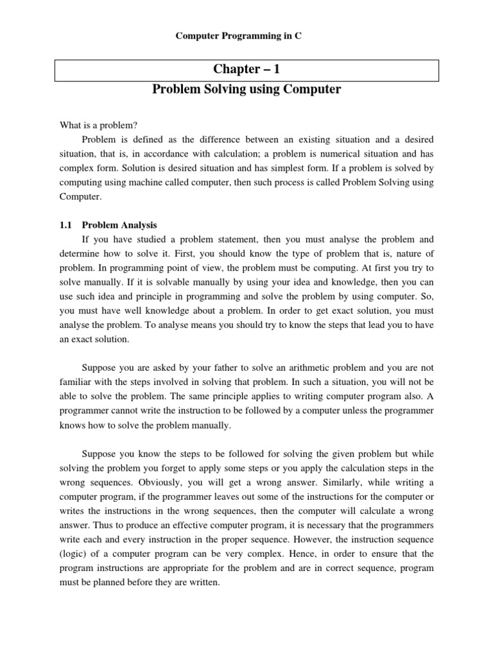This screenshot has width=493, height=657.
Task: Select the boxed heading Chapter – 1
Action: pyautogui.click(x=246, y=69)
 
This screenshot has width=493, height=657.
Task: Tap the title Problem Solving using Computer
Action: pyautogui.click(x=246, y=90)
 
